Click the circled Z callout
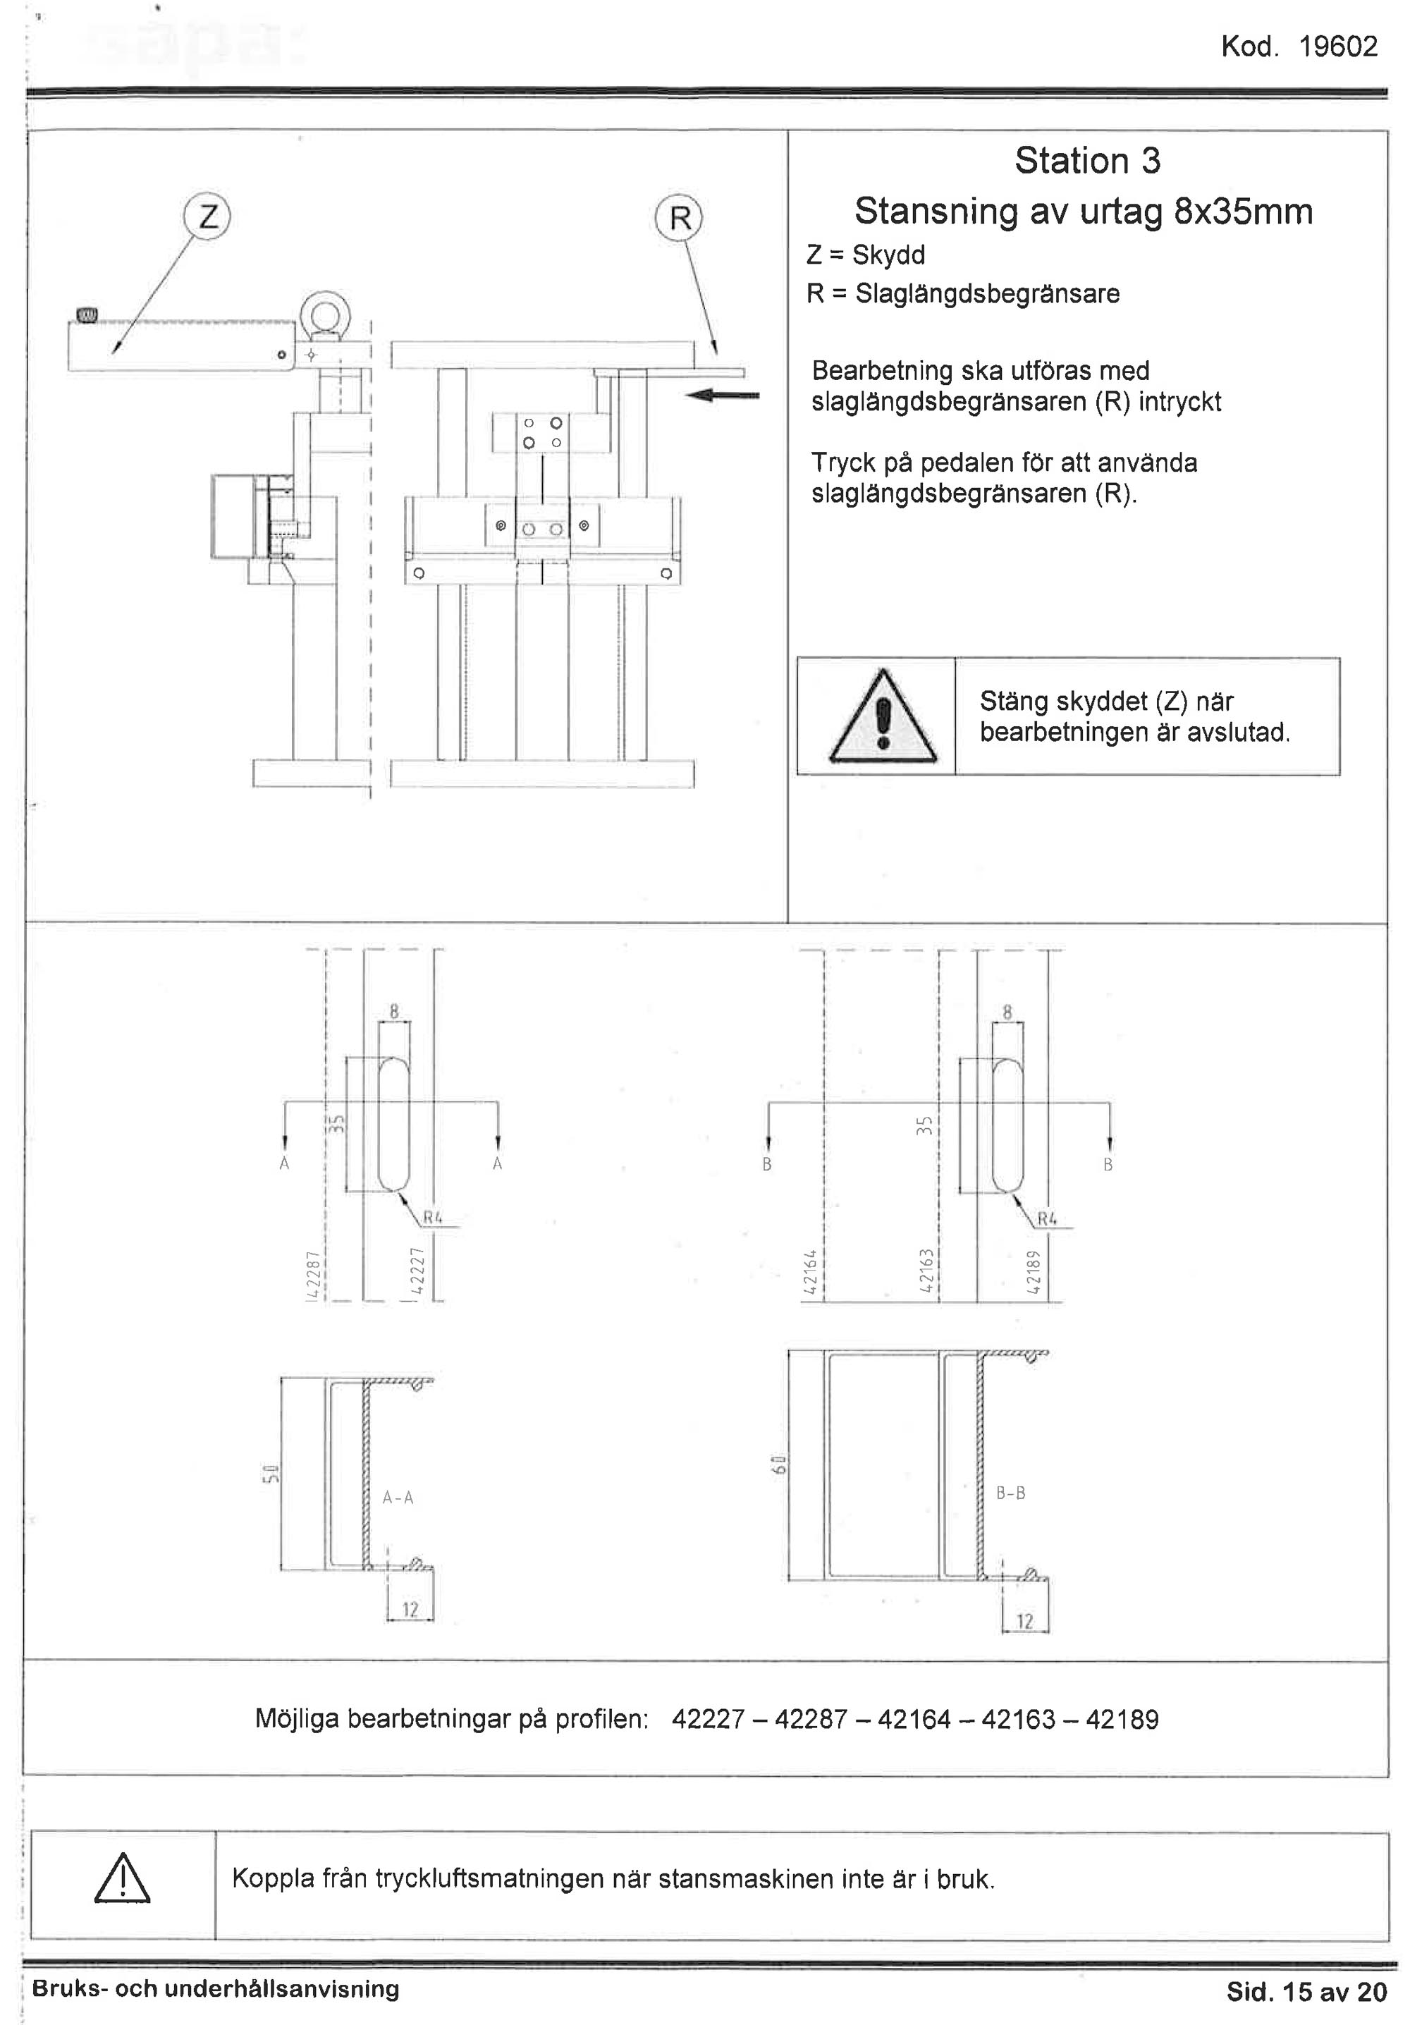click(x=208, y=216)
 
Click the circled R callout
click(x=679, y=218)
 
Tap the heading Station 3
click(x=1086, y=161)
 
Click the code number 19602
click(x=1337, y=47)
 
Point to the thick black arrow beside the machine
click(x=722, y=395)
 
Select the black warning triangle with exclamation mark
click(x=883, y=718)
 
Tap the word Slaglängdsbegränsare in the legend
click(x=987, y=294)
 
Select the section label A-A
click(x=398, y=1498)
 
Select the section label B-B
click(x=1010, y=1493)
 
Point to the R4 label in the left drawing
click(x=432, y=1218)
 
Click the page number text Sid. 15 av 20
click(x=1306, y=1991)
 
